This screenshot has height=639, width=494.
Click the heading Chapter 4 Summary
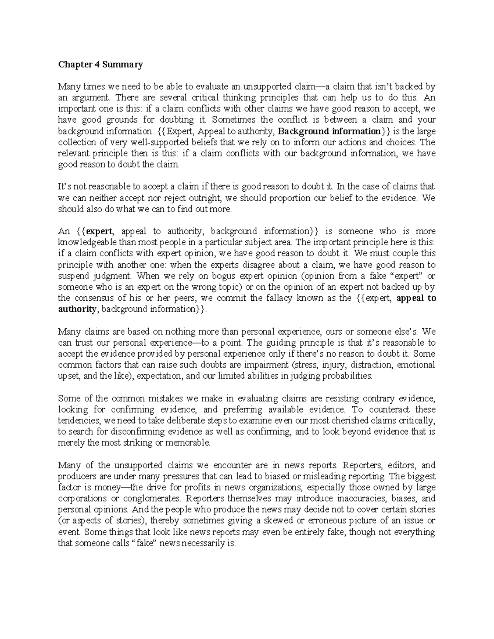tap(100, 65)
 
